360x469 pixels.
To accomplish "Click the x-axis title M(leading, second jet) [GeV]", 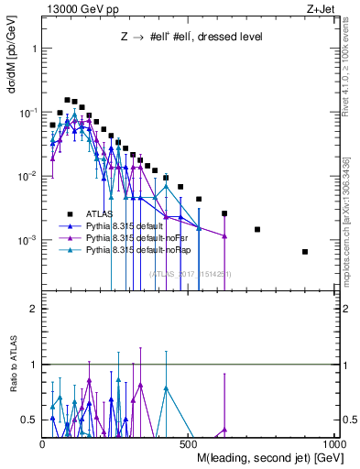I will [x=269, y=455].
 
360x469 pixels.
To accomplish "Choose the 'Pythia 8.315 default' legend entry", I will [x=127, y=224].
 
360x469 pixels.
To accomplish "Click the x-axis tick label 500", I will [x=190, y=442].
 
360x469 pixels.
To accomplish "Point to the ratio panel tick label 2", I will [x=33, y=310].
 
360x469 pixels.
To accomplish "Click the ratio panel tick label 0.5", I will [x=29, y=420].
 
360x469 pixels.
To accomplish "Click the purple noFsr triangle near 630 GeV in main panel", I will [x=224, y=235].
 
